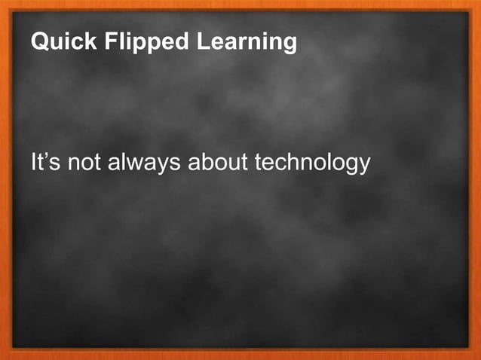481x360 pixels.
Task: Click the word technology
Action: coord(313,163)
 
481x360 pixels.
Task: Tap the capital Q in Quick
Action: coord(38,42)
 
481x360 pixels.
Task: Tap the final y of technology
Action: coord(364,165)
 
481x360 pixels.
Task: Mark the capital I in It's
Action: coord(34,162)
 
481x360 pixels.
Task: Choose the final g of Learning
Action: coord(290,44)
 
